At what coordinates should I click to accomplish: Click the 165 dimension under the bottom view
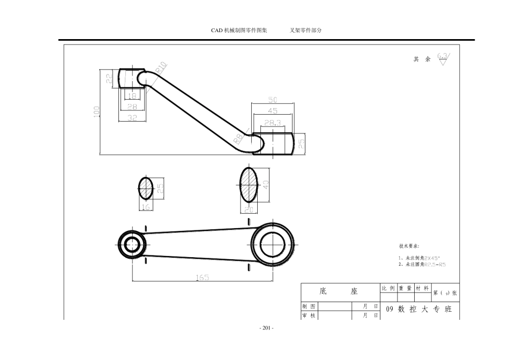[x=202, y=277]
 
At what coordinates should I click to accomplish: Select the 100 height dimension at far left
[x=96, y=111]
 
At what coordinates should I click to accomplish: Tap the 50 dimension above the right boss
[x=273, y=100]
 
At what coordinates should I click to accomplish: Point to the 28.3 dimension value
[x=273, y=123]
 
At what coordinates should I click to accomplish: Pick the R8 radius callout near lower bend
[x=239, y=140]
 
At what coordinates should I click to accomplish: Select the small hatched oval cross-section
[x=146, y=187]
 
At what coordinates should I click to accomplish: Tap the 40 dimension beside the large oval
[x=265, y=184]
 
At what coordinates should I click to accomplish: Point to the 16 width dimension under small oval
[x=145, y=206]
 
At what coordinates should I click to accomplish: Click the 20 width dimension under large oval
[x=249, y=209]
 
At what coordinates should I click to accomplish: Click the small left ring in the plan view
[x=131, y=244]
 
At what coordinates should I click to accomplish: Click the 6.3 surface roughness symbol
[x=442, y=57]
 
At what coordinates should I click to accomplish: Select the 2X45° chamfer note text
[x=431, y=258]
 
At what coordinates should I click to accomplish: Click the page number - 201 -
[x=266, y=328]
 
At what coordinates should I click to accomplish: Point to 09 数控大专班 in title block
[x=418, y=310]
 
